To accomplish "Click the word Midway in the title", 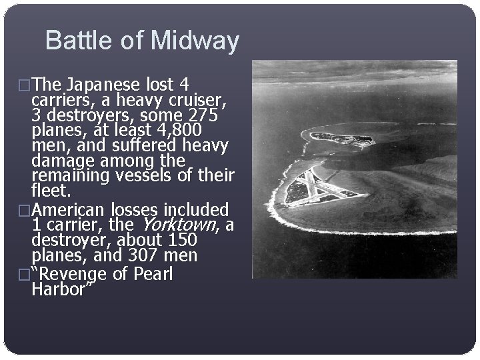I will pyautogui.click(x=195, y=41).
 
